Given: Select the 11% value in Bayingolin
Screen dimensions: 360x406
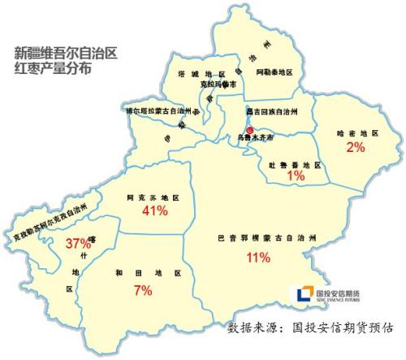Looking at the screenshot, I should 257,258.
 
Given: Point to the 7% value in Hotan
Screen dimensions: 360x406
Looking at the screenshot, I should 143,289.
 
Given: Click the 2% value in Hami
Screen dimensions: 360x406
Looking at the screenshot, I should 355,147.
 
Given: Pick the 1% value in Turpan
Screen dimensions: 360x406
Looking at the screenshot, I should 295,175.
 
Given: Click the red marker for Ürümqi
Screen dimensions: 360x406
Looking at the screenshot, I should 250,130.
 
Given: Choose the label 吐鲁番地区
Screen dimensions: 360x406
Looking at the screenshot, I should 295,164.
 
